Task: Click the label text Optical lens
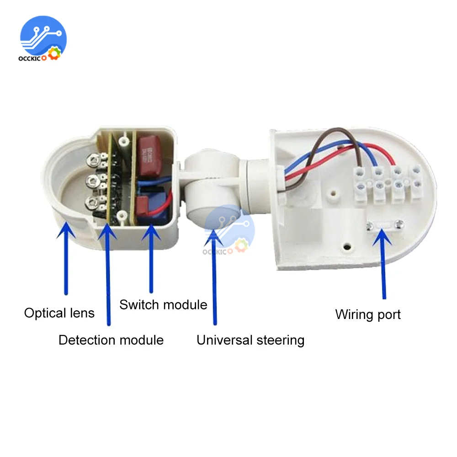click(59, 313)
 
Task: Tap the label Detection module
click(111, 340)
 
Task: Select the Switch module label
click(163, 305)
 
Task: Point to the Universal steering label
click(250, 340)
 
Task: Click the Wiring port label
click(368, 314)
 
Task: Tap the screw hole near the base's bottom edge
click(348, 247)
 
